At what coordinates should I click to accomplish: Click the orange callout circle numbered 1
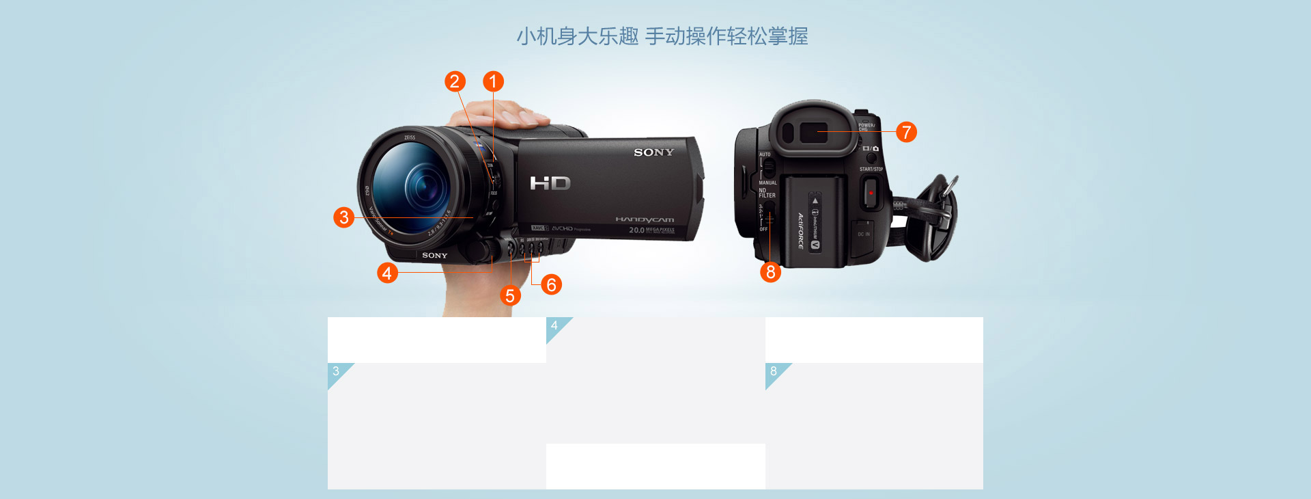tap(493, 81)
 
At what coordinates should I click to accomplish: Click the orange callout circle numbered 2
tap(455, 81)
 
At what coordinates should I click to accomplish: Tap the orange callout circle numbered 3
tap(344, 217)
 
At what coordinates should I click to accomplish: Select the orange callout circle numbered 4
tap(387, 273)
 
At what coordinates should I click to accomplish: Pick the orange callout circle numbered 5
tap(509, 295)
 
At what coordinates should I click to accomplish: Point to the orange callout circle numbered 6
tap(551, 284)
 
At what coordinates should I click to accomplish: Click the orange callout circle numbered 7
tap(906, 132)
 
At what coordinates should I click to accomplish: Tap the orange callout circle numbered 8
tap(770, 272)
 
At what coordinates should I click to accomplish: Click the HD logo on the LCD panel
tap(550, 183)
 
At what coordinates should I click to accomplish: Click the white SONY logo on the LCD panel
tap(653, 152)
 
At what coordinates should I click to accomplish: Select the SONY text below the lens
tap(434, 256)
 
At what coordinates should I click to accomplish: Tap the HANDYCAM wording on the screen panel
tap(645, 220)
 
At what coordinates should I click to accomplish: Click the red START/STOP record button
tap(871, 193)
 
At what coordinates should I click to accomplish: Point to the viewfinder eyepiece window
tap(813, 133)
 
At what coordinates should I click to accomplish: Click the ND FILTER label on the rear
tap(766, 193)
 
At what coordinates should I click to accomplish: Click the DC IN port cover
tap(863, 234)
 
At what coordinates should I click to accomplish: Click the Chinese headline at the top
tap(662, 36)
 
